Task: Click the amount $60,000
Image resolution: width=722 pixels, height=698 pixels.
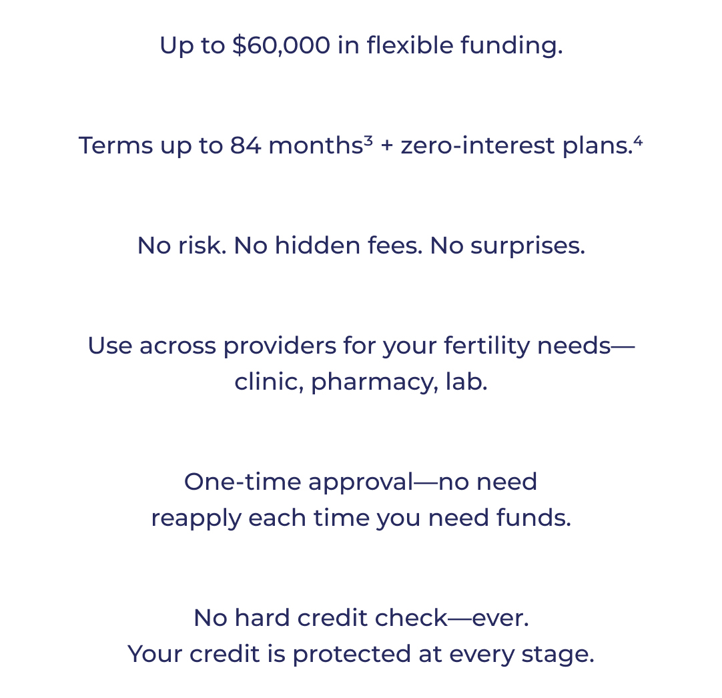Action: tap(282, 45)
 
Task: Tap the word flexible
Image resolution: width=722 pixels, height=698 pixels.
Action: tap(410, 45)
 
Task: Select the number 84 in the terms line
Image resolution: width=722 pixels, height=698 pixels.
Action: tap(246, 145)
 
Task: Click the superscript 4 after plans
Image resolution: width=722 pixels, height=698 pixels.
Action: tap(638, 139)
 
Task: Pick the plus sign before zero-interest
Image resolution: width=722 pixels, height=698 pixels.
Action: tap(387, 146)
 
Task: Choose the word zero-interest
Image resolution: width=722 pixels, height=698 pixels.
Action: tap(478, 145)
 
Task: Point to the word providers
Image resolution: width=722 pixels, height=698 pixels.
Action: tap(280, 346)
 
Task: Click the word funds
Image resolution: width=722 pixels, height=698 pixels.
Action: tap(534, 517)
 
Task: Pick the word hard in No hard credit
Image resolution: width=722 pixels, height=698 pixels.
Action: tap(262, 617)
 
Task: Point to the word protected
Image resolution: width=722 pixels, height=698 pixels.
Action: tap(352, 654)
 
